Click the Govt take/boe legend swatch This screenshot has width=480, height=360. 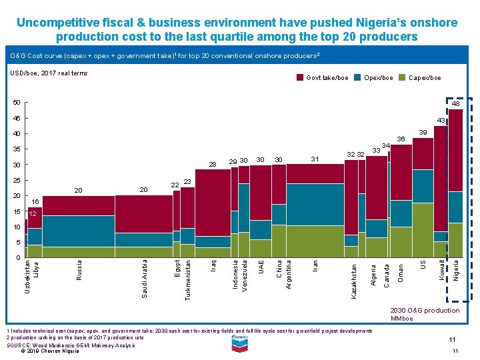pyautogui.click(x=300, y=78)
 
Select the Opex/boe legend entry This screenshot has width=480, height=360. pyautogui.click(x=378, y=78)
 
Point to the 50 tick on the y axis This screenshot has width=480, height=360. pyautogui.click(x=17, y=102)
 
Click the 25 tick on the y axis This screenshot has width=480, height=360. pyautogui.click(x=17, y=180)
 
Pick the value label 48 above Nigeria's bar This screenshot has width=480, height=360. pyautogui.click(x=455, y=104)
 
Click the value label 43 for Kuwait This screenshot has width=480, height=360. pyautogui.click(x=439, y=120)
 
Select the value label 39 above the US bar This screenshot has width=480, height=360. pyautogui.click(x=423, y=133)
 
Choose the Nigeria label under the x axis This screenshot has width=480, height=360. pyautogui.click(x=456, y=270)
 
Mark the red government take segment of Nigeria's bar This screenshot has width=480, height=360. pyautogui.click(x=455, y=150)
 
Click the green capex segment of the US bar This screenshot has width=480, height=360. pyautogui.click(x=423, y=230)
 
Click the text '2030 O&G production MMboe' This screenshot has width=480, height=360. pyautogui.click(x=433, y=314)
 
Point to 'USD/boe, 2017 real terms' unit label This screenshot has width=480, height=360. pyautogui.click(x=47, y=73)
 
